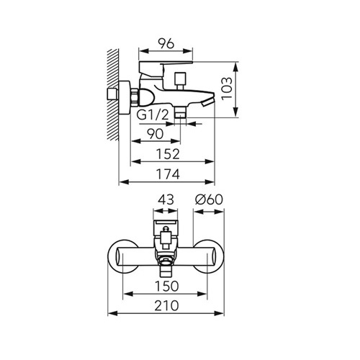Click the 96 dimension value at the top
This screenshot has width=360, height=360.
pyautogui.click(x=166, y=44)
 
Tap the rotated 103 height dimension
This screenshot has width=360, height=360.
pyautogui.click(x=227, y=89)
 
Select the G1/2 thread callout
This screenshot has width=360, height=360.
pyautogui.click(x=153, y=115)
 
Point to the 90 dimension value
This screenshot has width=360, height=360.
pyautogui.click(x=155, y=134)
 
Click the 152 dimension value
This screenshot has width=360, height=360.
pyautogui.click(x=168, y=154)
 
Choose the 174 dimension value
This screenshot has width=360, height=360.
pyautogui.click(x=168, y=174)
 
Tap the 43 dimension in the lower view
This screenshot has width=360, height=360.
pyautogui.click(x=166, y=199)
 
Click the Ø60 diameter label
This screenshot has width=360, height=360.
pyautogui.click(x=209, y=199)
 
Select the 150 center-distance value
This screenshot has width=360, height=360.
pyautogui.click(x=167, y=286)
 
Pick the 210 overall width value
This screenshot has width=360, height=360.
pyautogui.click(x=166, y=306)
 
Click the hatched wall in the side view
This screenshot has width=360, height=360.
pyautogui.click(x=113, y=95)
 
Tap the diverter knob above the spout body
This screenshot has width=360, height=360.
pyautogui.click(x=180, y=81)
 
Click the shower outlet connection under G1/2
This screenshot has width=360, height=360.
pyautogui.click(x=180, y=112)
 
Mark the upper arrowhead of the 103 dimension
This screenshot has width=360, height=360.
pyautogui.click(x=236, y=67)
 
